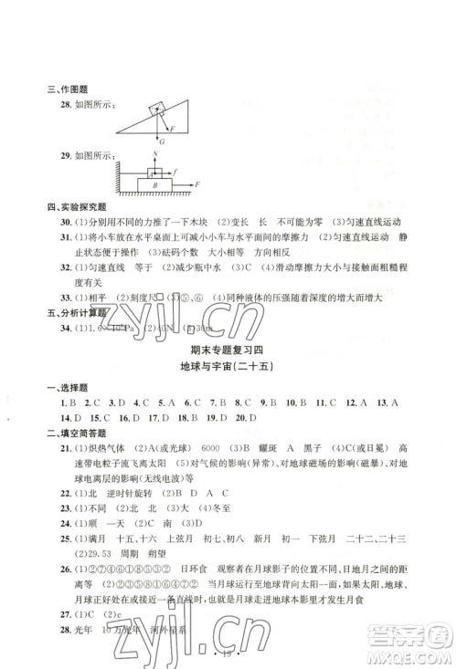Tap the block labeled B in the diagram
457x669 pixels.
pos(156,184)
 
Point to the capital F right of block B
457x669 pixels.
pos(195,184)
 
